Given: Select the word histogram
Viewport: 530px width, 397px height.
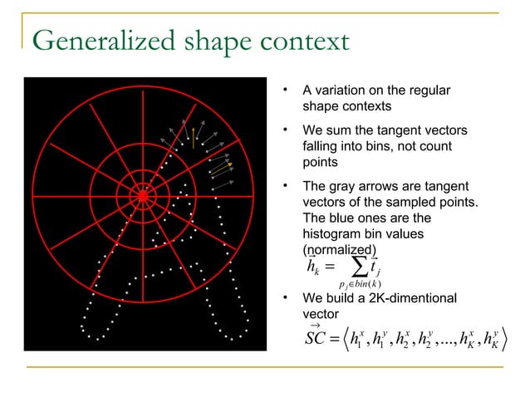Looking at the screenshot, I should (332, 234).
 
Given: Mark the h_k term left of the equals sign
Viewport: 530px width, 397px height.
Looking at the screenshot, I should (312, 267).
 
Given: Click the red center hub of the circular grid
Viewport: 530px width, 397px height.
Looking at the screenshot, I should (143, 195).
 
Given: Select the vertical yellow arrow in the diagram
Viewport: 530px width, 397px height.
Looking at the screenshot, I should (194, 138).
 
